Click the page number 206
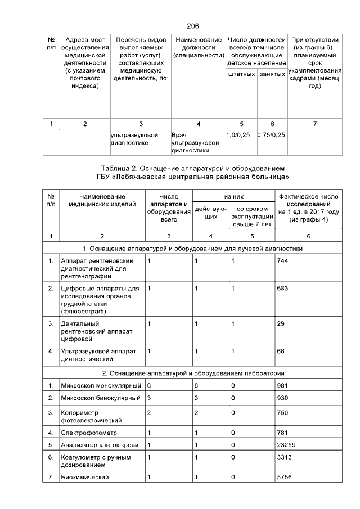(x=192, y=26)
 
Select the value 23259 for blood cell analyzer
(x=289, y=444)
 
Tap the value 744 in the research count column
(x=282, y=261)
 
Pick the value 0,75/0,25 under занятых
(x=271, y=136)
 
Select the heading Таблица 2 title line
(x=192, y=168)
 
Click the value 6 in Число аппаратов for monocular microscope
(x=149, y=385)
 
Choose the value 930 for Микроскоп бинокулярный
(x=282, y=398)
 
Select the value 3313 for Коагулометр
(x=286, y=457)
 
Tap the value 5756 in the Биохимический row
(x=286, y=477)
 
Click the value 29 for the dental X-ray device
(x=280, y=323)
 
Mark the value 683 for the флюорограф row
(x=282, y=289)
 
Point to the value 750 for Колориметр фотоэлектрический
(x=282, y=412)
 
